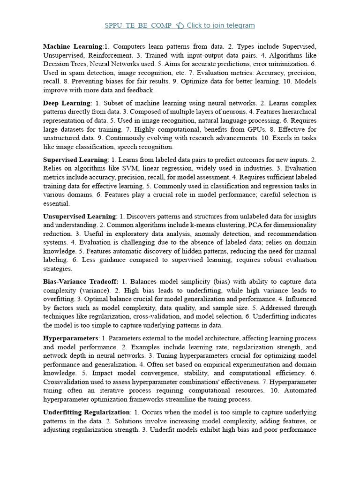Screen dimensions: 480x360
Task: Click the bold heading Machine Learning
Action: coord(73,46)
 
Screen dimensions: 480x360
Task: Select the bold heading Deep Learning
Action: coord(67,103)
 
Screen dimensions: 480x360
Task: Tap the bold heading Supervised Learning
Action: coord(75,160)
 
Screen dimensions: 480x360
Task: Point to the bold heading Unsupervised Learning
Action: coord(79,217)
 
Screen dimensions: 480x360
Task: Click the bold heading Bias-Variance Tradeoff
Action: coord(81,282)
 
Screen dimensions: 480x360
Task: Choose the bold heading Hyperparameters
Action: coord(71,338)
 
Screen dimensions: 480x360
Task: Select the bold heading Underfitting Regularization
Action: coord(86,412)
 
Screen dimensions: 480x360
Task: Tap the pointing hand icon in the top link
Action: coord(180,25)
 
